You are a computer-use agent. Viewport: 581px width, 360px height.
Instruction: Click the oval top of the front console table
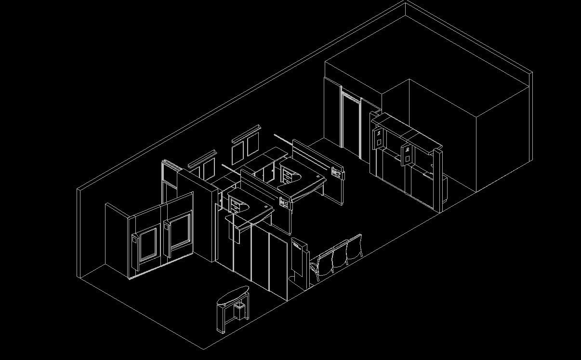click(x=233, y=295)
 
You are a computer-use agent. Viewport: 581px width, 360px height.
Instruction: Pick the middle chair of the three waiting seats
click(x=340, y=254)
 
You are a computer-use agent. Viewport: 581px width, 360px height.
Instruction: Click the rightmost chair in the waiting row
click(x=354, y=246)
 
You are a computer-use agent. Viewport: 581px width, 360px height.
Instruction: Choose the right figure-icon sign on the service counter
click(x=407, y=154)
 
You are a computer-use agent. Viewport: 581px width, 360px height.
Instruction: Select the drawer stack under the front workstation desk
click(x=235, y=207)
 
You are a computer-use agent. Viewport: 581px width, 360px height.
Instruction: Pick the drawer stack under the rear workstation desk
click(x=288, y=177)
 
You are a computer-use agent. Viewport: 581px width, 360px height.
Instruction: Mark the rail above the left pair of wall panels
click(x=202, y=159)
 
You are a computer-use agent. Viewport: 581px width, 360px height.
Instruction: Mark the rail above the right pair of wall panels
click(x=246, y=133)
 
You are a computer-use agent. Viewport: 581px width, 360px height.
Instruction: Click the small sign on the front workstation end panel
click(x=284, y=203)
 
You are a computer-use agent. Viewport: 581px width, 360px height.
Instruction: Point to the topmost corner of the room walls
click(x=405, y=2)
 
